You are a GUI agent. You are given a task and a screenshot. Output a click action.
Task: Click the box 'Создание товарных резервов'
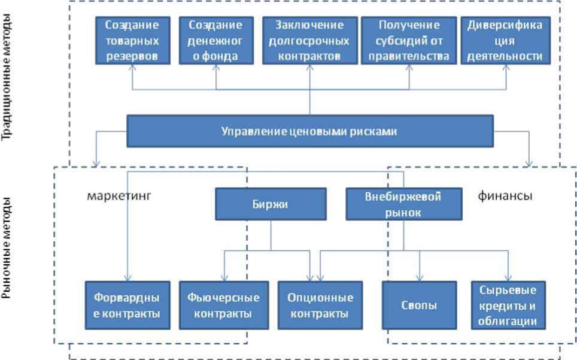click(x=132, y=41)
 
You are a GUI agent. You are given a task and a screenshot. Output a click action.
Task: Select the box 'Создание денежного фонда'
click(x=215, y=41)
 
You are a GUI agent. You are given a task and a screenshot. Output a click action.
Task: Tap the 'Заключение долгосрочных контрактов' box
click(x=309, y=41)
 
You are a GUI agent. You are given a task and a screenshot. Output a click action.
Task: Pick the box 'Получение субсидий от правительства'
click(x=409, y=41)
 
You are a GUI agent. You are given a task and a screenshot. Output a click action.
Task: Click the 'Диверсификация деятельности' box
click(x=505, y=41)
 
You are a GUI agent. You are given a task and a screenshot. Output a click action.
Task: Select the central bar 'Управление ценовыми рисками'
click(x=309, y=131)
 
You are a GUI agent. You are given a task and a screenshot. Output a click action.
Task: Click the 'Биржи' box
click(x=271, y=204)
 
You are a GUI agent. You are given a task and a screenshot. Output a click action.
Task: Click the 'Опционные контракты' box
click(x=320, y=305)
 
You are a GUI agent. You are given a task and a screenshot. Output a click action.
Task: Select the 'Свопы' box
click(x=418, y=305)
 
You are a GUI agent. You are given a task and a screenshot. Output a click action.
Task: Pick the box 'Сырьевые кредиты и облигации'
click(x=508, y=305)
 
